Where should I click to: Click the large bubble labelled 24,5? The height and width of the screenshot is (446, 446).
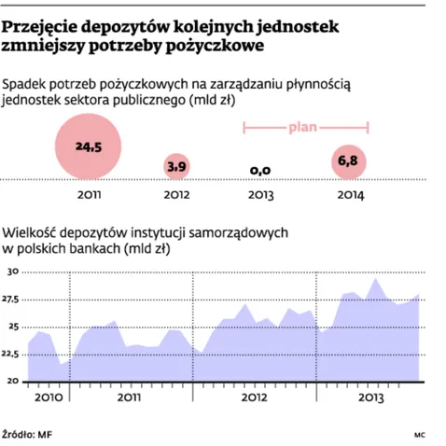(89, 146)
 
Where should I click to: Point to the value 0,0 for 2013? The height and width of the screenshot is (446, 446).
(260, 169)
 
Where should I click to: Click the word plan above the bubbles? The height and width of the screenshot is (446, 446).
(306, 125)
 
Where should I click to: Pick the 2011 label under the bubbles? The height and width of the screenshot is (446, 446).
(89, 195)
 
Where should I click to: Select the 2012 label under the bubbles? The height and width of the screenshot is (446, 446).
(175, 195)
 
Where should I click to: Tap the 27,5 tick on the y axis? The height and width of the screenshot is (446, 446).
(10, 300)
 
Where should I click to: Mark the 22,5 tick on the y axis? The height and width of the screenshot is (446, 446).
(10, 355)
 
